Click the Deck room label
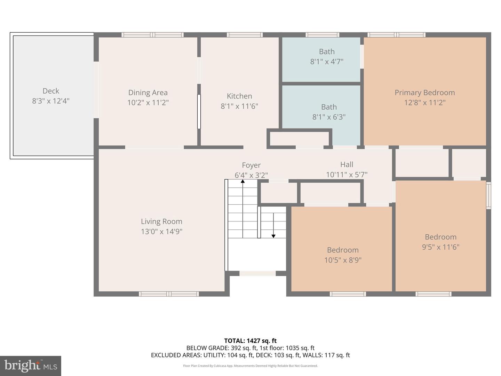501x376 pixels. tap(51, 91)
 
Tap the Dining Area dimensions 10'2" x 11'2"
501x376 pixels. tap(148, 103)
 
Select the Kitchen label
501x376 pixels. tap(239, 96)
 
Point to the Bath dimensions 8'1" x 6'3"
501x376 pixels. tap(329, 117)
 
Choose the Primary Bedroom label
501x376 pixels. tap(424, 93)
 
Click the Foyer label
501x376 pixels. tap(251, 165)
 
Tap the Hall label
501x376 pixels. tap(347, 164)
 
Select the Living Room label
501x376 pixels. tap(161, 221)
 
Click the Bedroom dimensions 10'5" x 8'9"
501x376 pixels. tap(343, 260)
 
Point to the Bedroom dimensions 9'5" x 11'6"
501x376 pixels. tap(440, 247)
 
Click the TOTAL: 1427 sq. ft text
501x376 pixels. tap(250, 341)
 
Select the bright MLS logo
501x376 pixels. tap(31, 366)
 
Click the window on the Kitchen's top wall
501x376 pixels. tap(245, 35)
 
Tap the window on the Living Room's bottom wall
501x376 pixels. tap(169, 294)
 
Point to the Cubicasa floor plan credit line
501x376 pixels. tap(250, 366)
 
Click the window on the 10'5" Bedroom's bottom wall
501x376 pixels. tap(348, 294)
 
